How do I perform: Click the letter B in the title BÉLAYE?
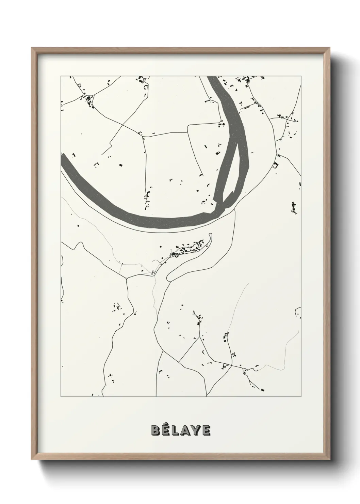click(156, 430)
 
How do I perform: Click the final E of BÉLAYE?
click(206, 430)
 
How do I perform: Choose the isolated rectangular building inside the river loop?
click(120, 165)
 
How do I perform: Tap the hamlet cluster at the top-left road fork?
click(89, 100)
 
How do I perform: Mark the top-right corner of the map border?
click(301, 76)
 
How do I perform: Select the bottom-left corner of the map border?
click(61, 397)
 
